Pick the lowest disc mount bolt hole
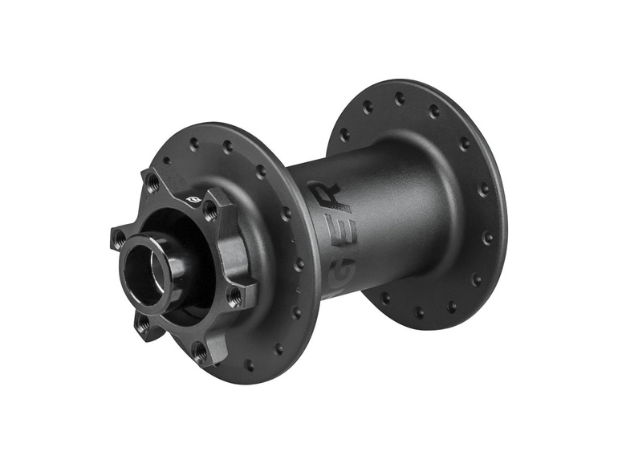(x=200, y=352)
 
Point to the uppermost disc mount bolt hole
(x=152, y=181)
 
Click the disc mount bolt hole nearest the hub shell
(x=235, y=296)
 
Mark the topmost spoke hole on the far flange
(x=400, y=99)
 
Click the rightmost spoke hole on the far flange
(x=487, y=238)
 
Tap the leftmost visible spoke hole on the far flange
(x=344, y=135)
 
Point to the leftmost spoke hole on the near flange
(x=193, y=144)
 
